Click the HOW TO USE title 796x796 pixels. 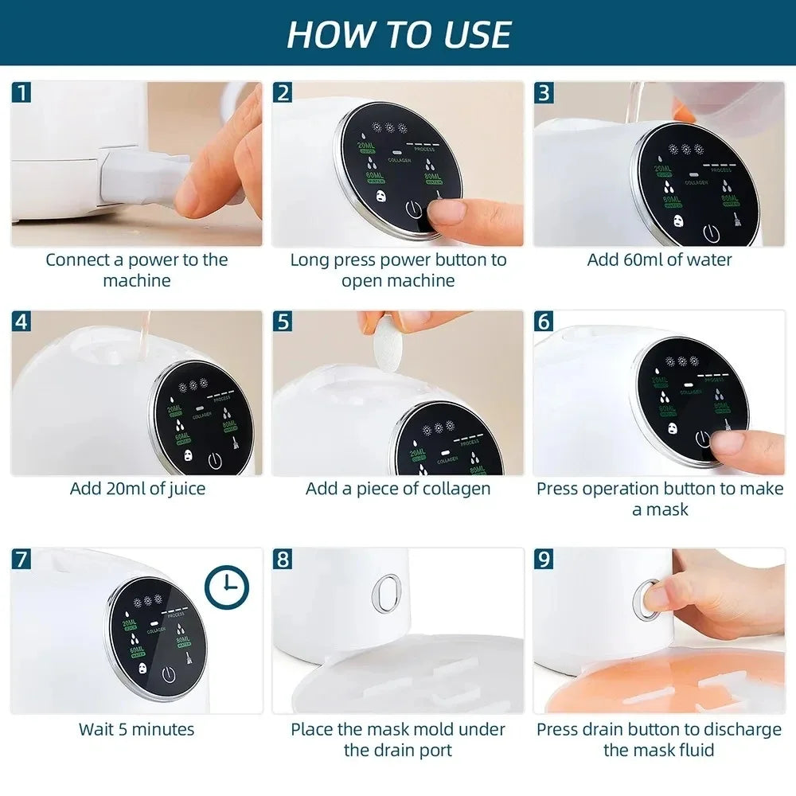(398, 33)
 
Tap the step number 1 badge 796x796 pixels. (22, 92)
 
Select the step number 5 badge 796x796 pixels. (283, 322)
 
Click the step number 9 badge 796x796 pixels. (544, 560)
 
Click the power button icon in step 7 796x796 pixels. (169, 674)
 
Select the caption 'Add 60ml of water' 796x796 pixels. (659, 259)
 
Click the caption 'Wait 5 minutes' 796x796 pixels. (136, 728)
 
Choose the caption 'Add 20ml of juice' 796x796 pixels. (137, 488)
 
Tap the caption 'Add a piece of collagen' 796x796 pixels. (398, 488)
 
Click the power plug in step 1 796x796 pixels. (143, 177)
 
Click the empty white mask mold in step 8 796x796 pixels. (398, 677)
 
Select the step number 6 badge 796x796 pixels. (544, 322)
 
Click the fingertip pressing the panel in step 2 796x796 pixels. (446, 212)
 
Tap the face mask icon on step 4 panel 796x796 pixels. (189, 458)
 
